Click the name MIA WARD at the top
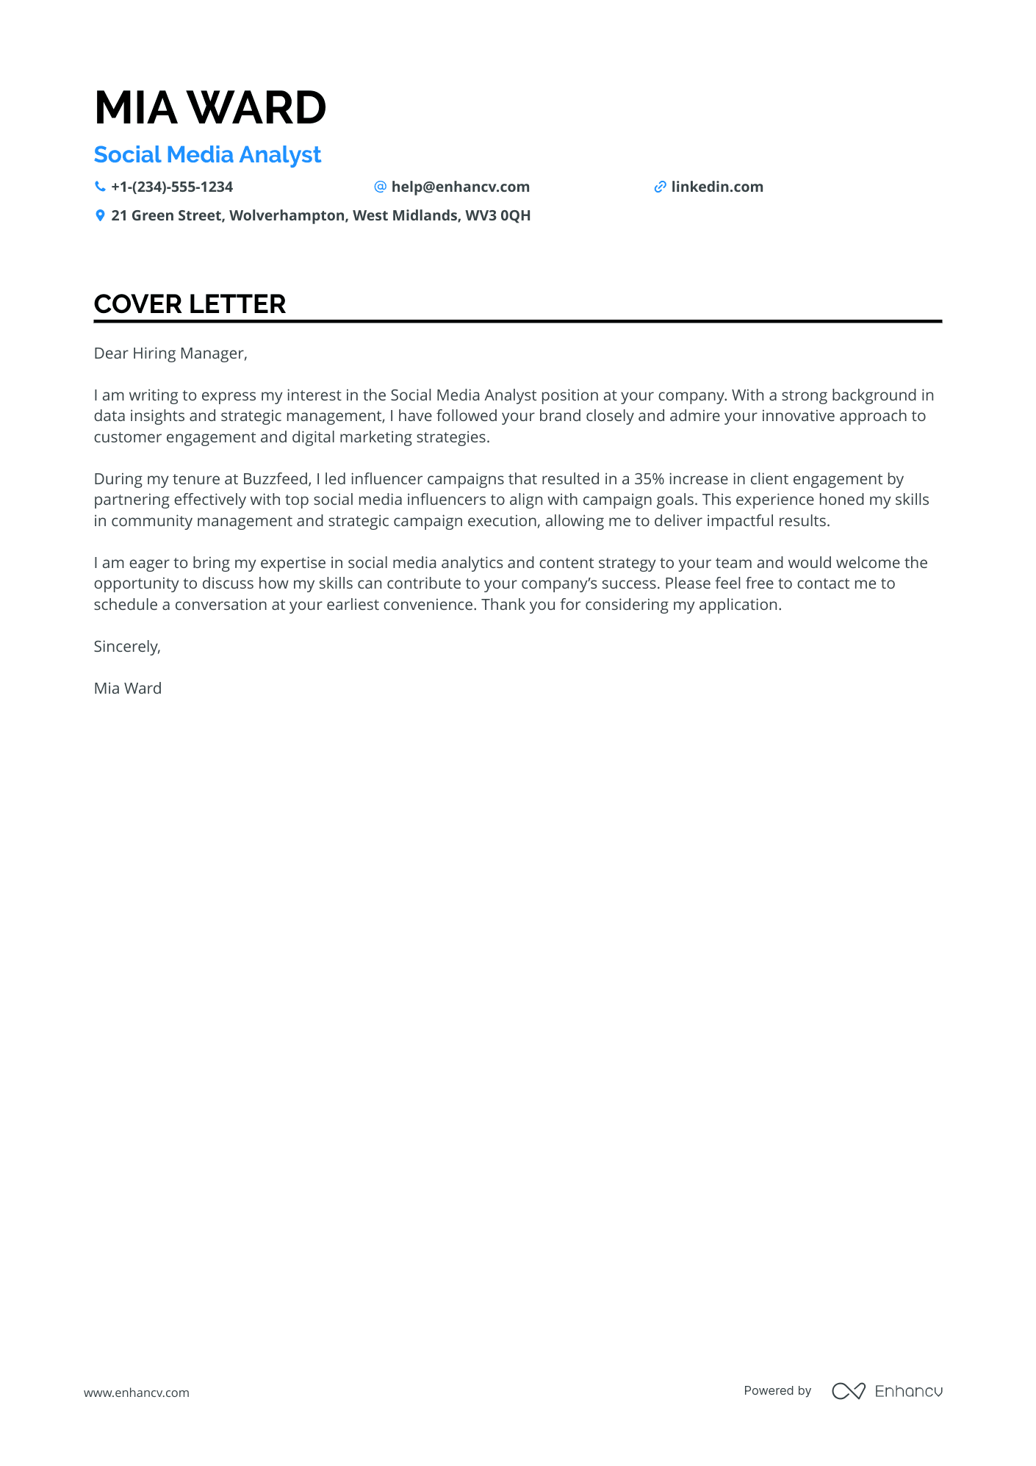tap(210, 108)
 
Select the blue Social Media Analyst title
tap(207, 155)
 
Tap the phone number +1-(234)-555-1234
tap(172, 187)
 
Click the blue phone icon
tap(100, 187)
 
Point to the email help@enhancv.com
tap(460, 187)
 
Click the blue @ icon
tap(380, 187)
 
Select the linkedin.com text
tap(717, 187)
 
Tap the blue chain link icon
tap(660, 187)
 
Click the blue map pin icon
tap(100, 216)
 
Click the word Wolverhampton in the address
tap(287, 216)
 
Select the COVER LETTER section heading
tap(190, 304)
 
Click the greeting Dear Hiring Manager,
tap(170, 353)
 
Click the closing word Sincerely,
tap(127, 647)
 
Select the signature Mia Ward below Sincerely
tap(128, 689)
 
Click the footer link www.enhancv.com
tap(137, 1393)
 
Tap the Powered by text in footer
tap(777, 1390)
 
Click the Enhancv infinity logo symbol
tap(848, 1391)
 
